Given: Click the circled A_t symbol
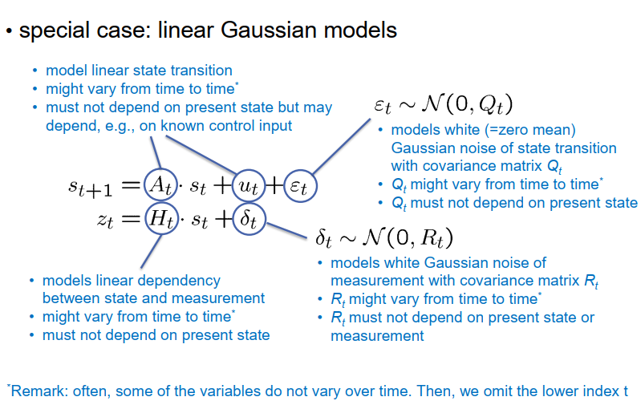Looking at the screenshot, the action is (x=158, y=187).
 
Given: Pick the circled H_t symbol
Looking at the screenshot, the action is (x=160, y=220).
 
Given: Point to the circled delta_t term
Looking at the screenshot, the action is (x=248, y=220).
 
